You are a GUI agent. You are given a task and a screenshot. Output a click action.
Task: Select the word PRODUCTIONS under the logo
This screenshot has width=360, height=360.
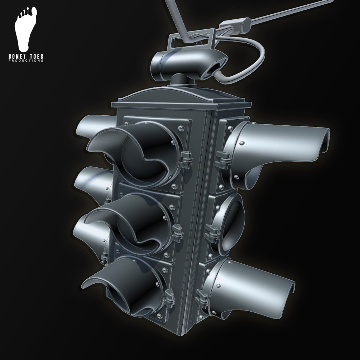click(x=26, y=61)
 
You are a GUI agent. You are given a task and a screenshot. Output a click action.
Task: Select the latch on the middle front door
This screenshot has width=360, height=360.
click(x=178, y=231)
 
